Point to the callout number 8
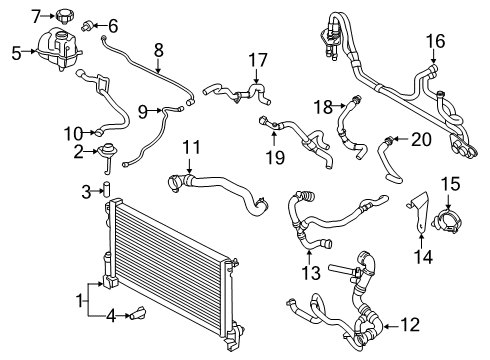coord(158,48)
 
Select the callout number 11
coord(191,148)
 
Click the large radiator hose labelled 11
coord(220,190)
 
